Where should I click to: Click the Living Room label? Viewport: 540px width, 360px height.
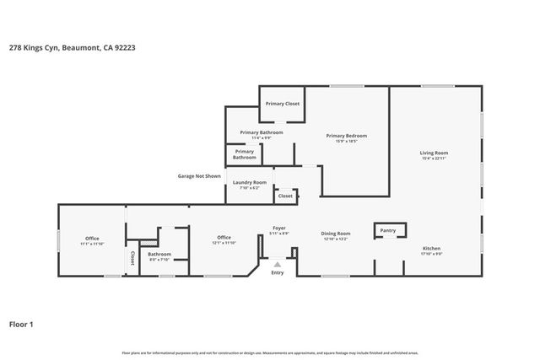435,153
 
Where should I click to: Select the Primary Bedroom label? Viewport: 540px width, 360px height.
347,135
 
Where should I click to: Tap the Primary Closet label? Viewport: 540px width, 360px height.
282,103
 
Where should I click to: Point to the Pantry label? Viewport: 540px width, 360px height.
388,230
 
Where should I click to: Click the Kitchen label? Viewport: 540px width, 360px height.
431,249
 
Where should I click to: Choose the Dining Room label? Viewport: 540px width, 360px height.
336,234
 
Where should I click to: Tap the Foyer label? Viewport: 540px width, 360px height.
278,228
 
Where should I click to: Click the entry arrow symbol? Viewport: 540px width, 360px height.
277,265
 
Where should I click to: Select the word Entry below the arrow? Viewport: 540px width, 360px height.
277,273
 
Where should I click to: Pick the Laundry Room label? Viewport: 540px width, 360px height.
249,182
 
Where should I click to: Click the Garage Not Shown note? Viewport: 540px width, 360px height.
199,176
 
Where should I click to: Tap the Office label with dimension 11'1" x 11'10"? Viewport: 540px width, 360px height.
92,238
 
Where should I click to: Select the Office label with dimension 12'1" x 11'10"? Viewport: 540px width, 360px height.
224,237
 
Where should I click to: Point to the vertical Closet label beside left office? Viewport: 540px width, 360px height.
132,260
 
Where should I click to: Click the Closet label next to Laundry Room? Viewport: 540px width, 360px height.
285,196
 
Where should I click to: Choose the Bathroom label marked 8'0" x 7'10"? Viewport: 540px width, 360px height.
159,254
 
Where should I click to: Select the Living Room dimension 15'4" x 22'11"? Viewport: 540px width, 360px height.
435,159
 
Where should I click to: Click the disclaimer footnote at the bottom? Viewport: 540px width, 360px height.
270,352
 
